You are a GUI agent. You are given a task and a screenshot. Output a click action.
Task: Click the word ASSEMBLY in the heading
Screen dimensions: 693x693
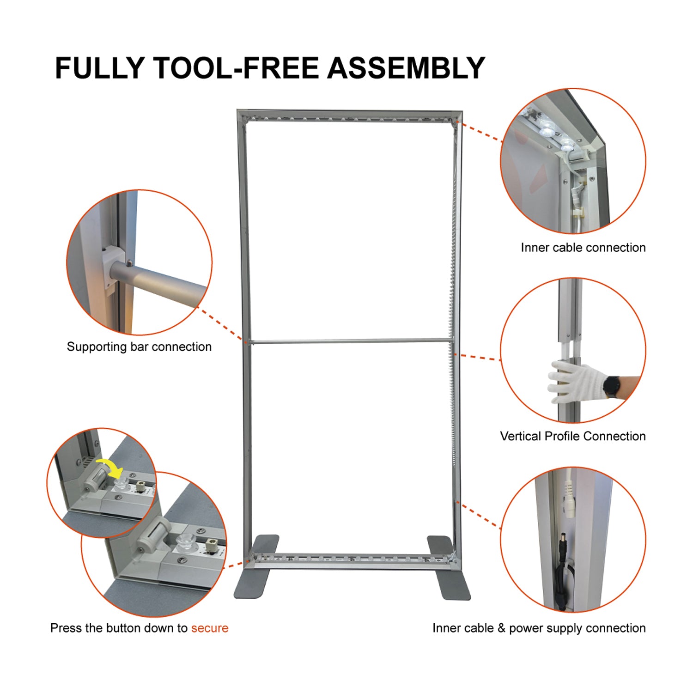point(406,68)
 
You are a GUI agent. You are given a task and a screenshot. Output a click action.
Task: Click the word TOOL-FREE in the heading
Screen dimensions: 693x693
point(236,68)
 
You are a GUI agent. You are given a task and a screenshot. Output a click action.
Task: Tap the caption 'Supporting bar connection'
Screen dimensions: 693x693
point(139,346)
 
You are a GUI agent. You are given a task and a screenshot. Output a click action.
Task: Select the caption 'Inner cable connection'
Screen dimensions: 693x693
point(583,248)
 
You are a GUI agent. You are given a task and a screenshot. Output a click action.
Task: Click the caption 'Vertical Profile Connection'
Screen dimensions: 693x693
point(573,436)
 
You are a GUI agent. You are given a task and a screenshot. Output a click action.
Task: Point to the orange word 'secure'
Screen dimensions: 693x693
point(210,628)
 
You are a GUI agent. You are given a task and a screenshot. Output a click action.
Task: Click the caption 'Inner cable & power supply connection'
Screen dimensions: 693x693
point(539,628)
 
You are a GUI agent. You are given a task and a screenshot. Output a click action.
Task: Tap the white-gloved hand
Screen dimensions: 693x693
point(575,381)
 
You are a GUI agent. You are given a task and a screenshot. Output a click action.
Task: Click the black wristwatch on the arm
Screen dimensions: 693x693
point(613,386)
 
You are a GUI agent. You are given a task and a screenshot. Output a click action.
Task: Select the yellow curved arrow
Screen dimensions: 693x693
point(110,467)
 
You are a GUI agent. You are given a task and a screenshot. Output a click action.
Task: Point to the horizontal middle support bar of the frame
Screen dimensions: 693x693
point(351,342)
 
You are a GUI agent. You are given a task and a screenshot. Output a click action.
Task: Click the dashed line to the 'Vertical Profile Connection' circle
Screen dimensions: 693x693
point(480,357)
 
